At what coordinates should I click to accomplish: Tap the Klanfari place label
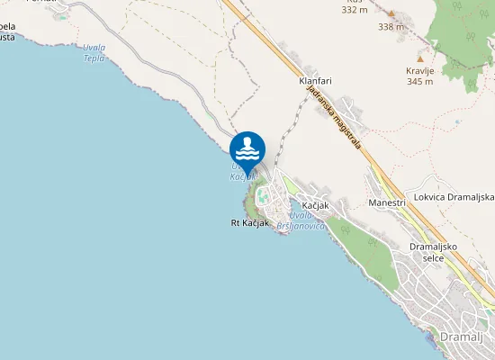tap(315, 81)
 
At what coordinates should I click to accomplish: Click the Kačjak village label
tap(316, 206)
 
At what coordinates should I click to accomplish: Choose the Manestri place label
tap(387, 203)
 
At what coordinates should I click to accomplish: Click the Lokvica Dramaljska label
tap(454, 197)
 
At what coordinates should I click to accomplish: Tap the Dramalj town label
tap(463, 336)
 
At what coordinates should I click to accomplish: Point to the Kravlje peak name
tap(420, 69)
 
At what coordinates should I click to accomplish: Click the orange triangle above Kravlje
tap(419, 58)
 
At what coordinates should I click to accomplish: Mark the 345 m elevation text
tap(420, 81)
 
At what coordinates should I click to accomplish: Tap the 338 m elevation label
tap(391, 27)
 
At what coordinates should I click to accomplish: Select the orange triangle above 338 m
tap(391, 13)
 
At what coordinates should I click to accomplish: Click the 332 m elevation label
tap(355, 10)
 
